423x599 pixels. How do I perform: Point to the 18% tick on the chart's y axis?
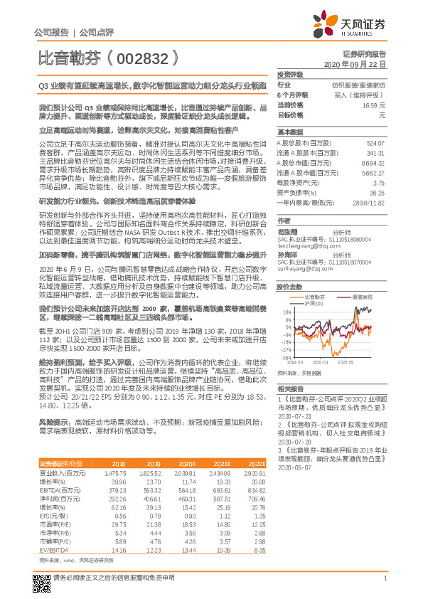(286, 312)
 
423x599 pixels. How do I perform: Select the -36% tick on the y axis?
(285, 358)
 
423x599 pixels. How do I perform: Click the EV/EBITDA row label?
(50, 530)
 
